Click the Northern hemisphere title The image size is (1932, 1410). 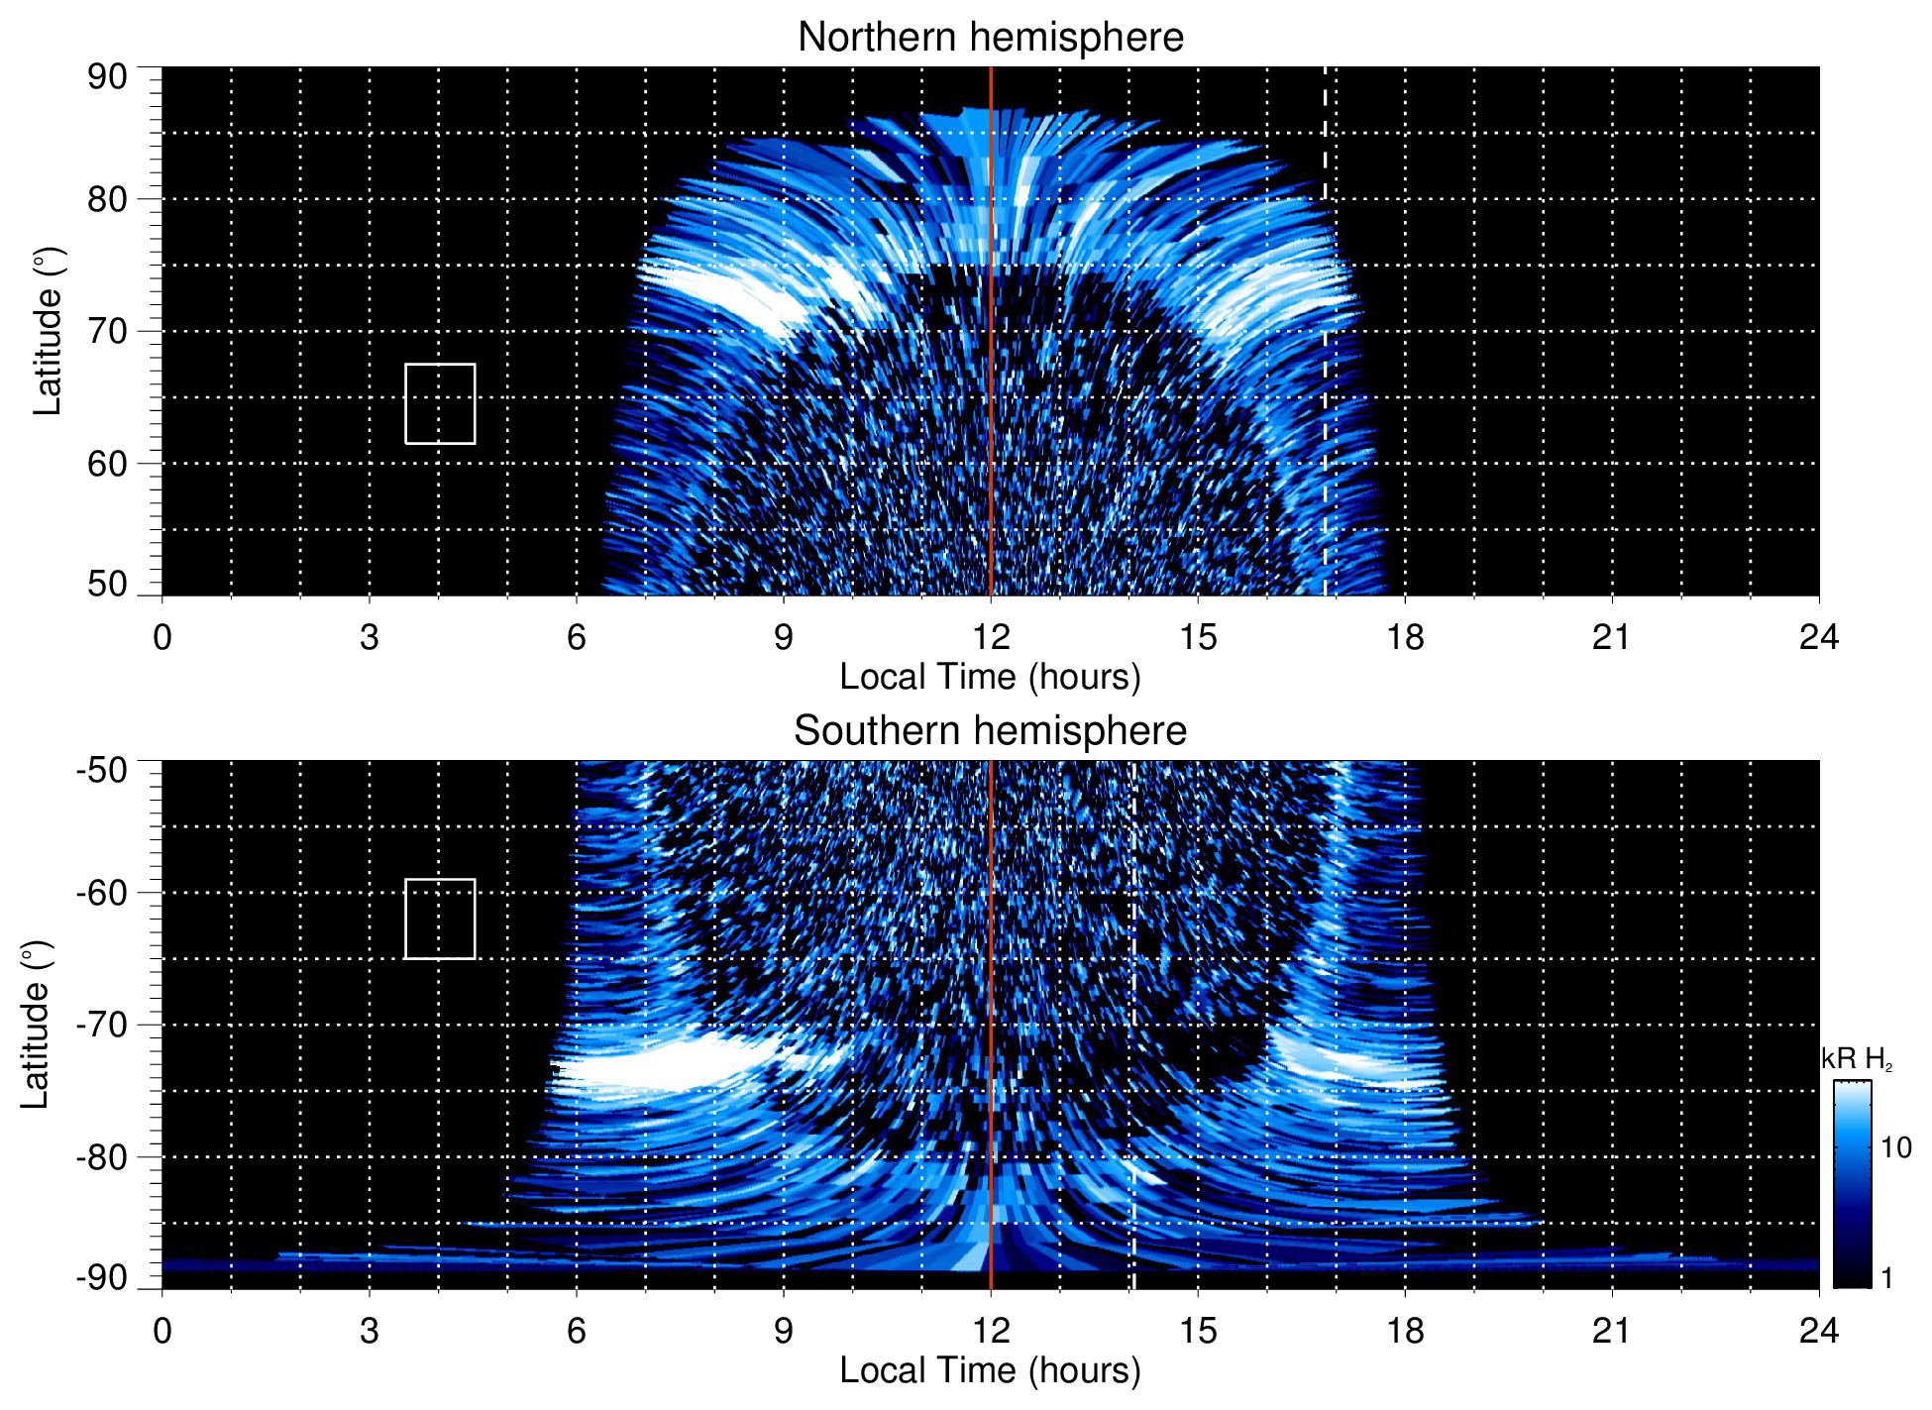[x=990, y=38]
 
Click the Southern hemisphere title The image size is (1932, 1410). [x=990, y=731]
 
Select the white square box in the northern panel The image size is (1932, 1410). [x=440, y=403]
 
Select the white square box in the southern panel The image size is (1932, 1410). [x=440, y=919]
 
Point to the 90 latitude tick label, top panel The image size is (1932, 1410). [x=107, y=77]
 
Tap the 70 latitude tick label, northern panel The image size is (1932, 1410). [x=107, y=331]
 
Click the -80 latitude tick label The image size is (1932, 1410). [x=102, y=1156]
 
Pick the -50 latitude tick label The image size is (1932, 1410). [x=102, y=770]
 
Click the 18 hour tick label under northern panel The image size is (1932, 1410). [x=1405, y=637]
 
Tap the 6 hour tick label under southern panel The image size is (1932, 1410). [x=577, y=1331]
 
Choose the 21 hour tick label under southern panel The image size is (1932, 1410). [x=1612, y=1331]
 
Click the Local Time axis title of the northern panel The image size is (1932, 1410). [x=990, y=677]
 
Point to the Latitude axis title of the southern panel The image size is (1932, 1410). [x=36, y=1025]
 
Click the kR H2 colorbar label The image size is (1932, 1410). [x=1857, y=1059]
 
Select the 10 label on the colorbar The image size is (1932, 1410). [x=1895, y=1147]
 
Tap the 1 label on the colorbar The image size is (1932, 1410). [x=1886, y=1278]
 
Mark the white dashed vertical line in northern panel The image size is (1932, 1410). [x=1326, y=396]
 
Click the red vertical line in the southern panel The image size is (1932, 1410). [x=991, y=991]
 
